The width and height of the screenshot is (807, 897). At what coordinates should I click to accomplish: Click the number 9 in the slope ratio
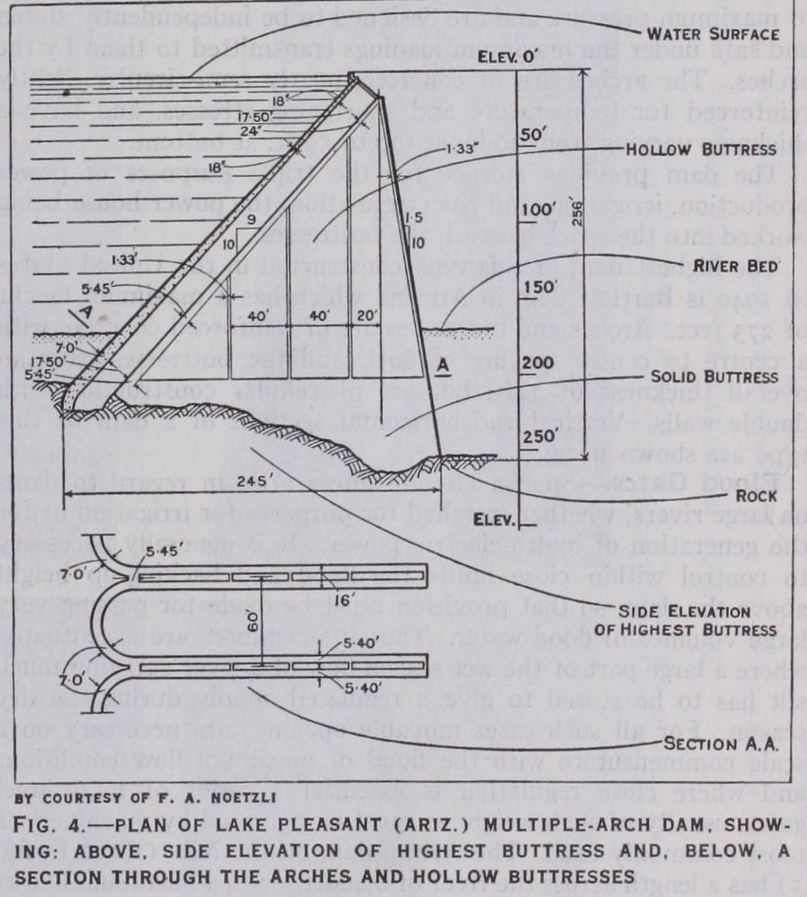coord(251,218)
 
